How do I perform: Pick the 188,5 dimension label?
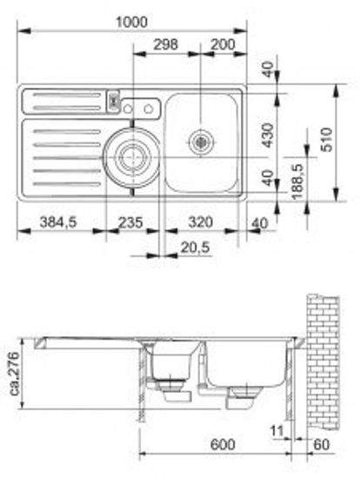pyautogui.click(x=297, y=177)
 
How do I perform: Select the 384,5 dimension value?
pyautogui.click(x=58, y=222)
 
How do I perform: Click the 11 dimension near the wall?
pyautogui.click(x=277, y=430)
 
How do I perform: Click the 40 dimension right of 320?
pyautogui.click(x=257, y=222)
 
